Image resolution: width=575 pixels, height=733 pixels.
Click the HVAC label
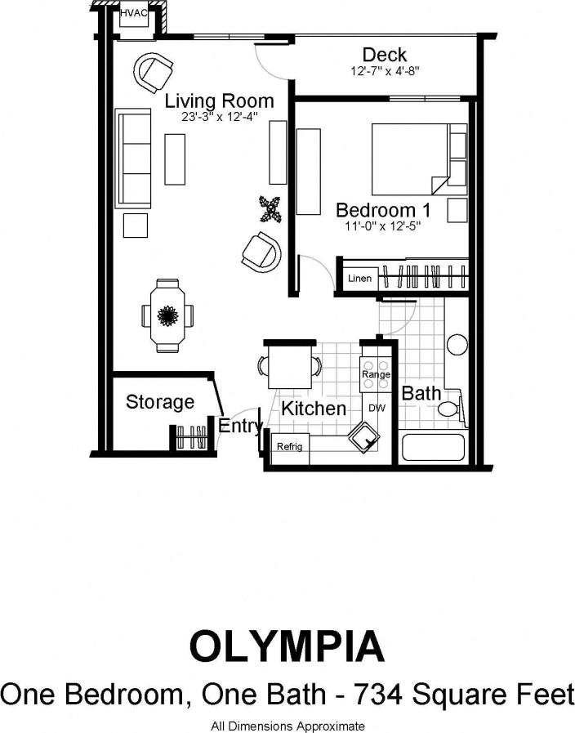tap(133, 14)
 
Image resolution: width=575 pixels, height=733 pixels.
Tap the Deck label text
tap(385, 55)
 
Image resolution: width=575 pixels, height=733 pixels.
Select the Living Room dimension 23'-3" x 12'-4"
tap(220, 117)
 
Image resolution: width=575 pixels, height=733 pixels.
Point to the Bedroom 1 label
tap(383, 210)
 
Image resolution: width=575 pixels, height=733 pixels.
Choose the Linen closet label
tap(359, 279)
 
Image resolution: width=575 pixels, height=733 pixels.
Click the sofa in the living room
tap(134, 157)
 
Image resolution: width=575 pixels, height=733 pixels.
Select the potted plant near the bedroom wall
tap(270, 209)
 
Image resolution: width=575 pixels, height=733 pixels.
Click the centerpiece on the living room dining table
tap(169, 315)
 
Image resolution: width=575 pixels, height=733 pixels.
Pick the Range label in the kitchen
tap(376, 374)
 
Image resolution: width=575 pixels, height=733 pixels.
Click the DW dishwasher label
tap(377, 407)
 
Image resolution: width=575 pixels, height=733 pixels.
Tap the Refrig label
tap(289, 447)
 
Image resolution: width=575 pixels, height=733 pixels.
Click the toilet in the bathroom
tap(449, 409)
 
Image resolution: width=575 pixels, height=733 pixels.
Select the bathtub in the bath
tap(434, 448)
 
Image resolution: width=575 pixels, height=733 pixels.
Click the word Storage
tap(160, 402)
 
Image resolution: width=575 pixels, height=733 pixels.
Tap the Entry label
tap(239, 426)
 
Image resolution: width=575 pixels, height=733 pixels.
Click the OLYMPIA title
tap(287, 646)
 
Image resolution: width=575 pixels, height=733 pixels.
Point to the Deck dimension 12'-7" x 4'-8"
tap(384, 71)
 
